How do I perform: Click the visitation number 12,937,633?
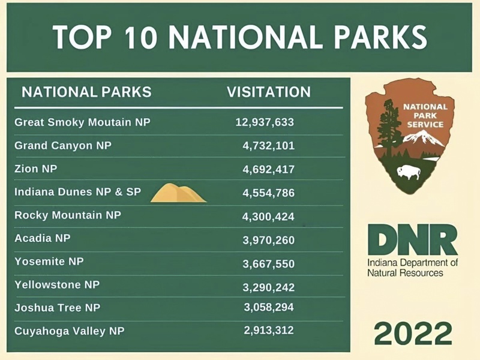click(265, 122)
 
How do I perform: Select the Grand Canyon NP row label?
click(63, 145)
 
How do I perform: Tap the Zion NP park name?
click(36, 169)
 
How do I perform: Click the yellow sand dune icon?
click(178, 193)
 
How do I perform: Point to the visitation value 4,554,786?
click(268, 193)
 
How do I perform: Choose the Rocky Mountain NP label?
click(68, 215)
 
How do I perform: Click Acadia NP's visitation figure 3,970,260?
click(268, 241)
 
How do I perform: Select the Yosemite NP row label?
click(49, 262)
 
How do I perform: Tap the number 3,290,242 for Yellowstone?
click(268, 287)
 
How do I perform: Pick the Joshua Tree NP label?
click(57, 308)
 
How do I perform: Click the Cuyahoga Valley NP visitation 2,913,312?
click(268, 331)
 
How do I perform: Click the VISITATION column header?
click(269, 92)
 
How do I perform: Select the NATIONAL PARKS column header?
click(86, 92)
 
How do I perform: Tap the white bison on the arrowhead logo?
click(409, 173)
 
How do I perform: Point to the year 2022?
click(413, 333)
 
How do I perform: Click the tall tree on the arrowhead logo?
click(389, 128)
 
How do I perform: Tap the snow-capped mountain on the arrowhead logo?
click(423, 139)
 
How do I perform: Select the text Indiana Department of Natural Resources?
click(412, 268)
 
